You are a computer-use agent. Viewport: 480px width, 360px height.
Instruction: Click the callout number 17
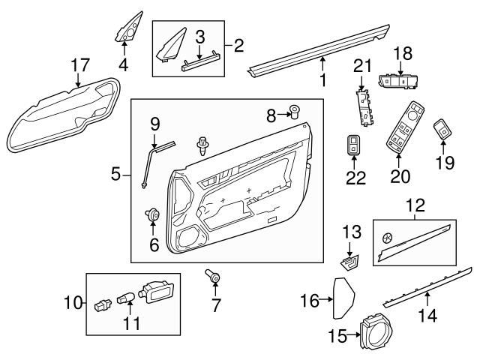[x=79, y=64]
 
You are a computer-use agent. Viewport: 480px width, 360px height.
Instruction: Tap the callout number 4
[x=123, y=64]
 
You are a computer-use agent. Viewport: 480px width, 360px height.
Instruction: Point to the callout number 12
[x=414, y=202]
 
